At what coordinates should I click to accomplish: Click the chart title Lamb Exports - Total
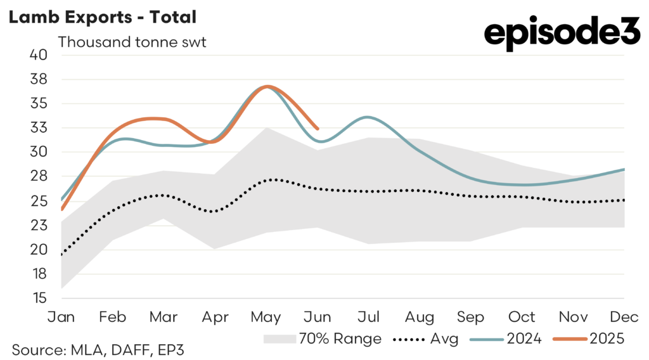click(x=102, y=16)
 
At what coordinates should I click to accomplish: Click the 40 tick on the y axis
click(x=39, y=55)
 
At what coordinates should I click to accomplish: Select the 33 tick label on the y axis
click(x=39, y=128)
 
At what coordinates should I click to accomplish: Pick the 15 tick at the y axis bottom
click(x=39, y=298)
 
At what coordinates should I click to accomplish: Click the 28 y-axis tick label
click(x=39, y=177)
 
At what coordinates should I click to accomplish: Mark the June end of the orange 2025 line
click(x=318, y=128)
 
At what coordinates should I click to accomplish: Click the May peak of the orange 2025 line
click(x=268, y=86)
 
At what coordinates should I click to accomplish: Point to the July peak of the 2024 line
click(x=368, y=117)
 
